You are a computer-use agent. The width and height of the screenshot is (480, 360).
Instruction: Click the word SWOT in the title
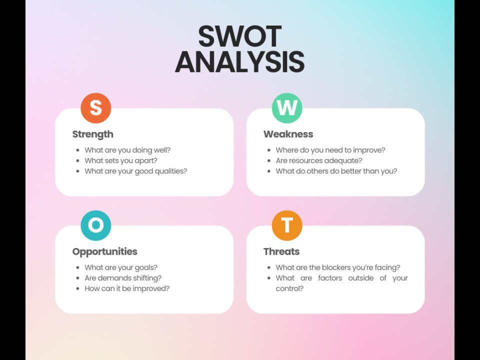pos(239,36)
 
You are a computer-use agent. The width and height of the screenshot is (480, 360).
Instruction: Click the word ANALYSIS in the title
pos(239,62)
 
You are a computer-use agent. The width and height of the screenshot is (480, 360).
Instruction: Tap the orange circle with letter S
pos(95,108)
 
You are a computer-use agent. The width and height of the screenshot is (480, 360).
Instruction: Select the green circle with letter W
pos(287,108)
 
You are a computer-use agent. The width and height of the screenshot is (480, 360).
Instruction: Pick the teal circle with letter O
pos(95,225)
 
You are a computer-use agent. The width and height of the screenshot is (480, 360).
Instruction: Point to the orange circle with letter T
pos(287,225)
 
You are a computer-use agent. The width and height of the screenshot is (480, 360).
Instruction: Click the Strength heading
pos(92,134)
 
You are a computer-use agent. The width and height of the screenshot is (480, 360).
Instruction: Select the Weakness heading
pos(288,134)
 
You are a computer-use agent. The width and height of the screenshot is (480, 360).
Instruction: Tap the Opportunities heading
pos(104,251)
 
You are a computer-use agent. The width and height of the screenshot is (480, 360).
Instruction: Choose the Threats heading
pos(281,251)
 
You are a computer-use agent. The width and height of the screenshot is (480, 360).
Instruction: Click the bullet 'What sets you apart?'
pos(121,160)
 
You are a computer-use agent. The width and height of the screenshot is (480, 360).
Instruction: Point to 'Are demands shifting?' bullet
pos(123,278)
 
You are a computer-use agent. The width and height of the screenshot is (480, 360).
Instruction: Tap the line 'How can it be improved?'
pos(127,288)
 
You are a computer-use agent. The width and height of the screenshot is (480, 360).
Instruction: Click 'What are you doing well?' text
pos(127,150)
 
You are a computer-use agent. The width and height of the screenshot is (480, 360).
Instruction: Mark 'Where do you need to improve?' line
pos(330,150)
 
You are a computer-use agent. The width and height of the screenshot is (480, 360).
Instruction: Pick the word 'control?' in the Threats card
pos(289,288)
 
